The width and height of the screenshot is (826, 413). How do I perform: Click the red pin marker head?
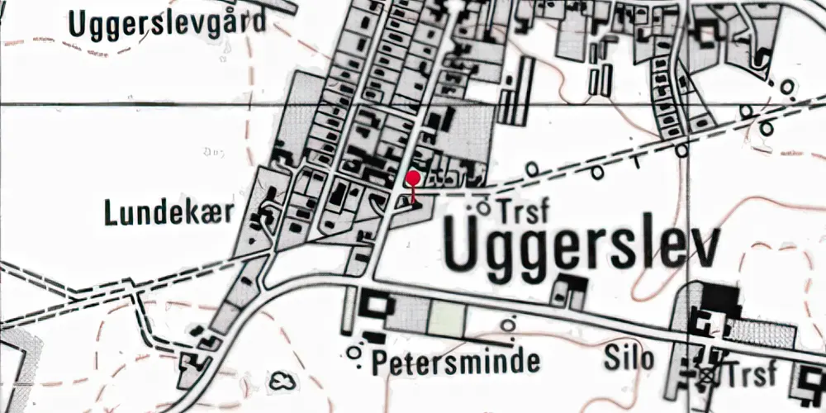[413, 178]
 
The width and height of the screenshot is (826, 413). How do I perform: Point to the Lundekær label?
[169, 214]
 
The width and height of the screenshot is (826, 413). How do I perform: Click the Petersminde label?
[455, 361]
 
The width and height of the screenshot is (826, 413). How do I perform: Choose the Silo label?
[629, 358]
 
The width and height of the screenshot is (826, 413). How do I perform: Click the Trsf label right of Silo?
[749, 373]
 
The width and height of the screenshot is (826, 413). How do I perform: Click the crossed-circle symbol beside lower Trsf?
[706, 375]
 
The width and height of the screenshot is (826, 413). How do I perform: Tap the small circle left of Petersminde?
[355, 354]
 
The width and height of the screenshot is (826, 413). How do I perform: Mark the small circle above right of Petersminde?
[510, 324]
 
